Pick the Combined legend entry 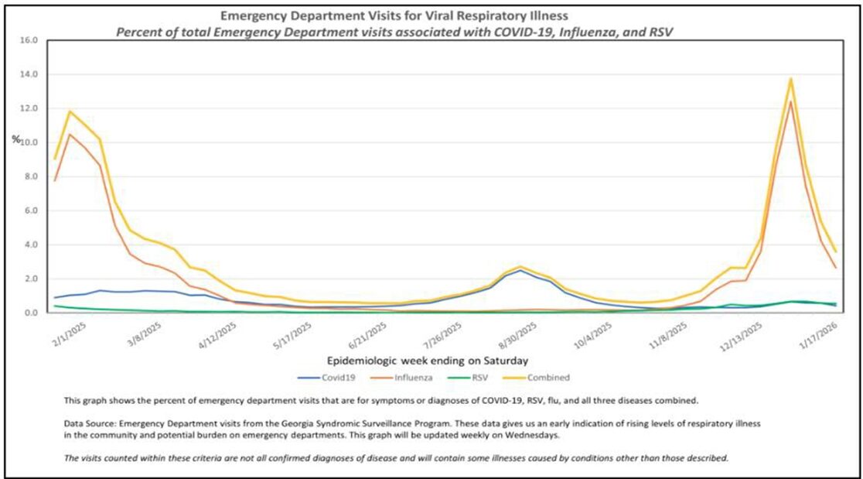coord(548,378)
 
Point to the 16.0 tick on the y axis coord(28,40)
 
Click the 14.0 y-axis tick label coord(28,74)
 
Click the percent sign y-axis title coord(15,139)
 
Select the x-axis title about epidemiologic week coord(428,360)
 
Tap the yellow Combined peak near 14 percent coord(791,78)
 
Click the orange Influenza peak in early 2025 coord(70,135)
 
